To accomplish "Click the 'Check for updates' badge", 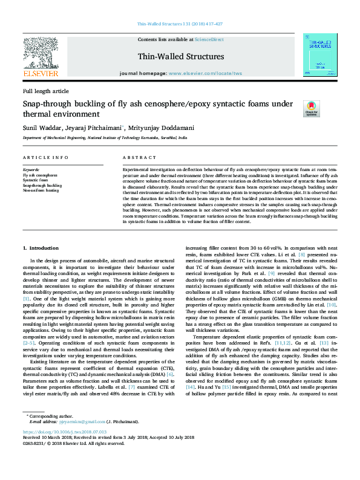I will (x=310, y=108).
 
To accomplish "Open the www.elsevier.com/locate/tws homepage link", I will (x=205, y=73).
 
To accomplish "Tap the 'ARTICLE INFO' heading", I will (x=45, y=158).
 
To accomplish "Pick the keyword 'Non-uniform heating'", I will (x=42, y=190).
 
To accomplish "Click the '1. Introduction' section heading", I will (x=41, y=248).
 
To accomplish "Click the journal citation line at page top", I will (x=180, y=24).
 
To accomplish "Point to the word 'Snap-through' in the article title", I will (x=49, y=103).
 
